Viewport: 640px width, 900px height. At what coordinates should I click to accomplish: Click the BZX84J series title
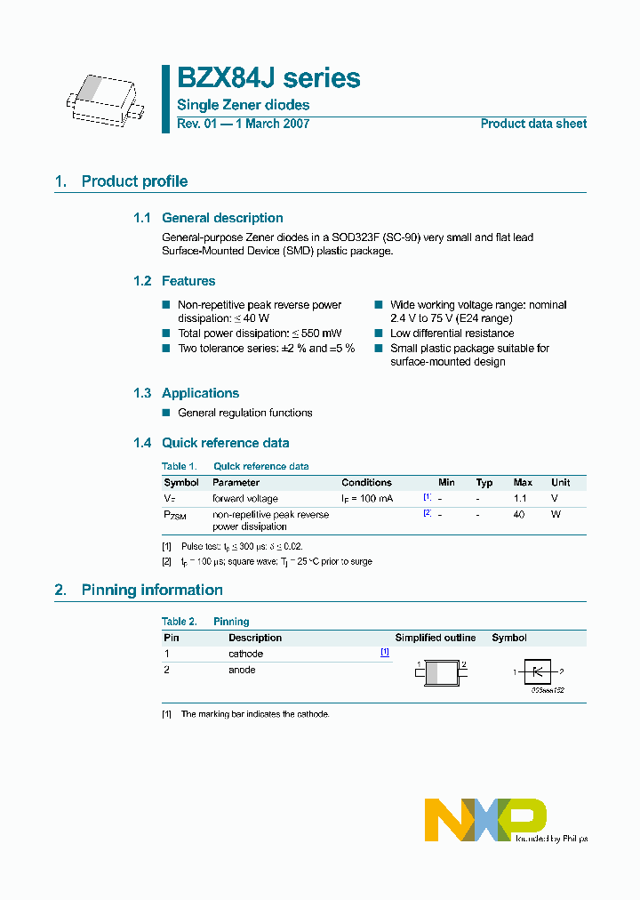coord(269,78)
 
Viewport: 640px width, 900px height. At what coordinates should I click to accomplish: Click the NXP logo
coord(485,819)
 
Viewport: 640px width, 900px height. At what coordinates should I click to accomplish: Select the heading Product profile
coord(134,181)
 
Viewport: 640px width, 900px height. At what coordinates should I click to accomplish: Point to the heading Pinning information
coord(152,590)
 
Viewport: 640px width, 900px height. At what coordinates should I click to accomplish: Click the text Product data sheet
coord(533,124)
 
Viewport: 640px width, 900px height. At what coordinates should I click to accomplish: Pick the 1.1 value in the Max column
coord(521,499)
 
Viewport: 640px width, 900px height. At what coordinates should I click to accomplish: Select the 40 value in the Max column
coord(519,514)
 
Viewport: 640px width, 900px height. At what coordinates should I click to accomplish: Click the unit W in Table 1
coord(556,514)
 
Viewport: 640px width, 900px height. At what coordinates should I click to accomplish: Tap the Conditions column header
coord(366,483)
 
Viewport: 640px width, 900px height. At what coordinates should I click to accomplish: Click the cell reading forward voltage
coord(244,499)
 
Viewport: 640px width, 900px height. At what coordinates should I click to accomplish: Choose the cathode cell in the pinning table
coord(245,654)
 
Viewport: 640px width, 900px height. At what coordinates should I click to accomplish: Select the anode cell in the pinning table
coord(242,670)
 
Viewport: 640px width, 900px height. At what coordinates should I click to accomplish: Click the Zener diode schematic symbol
coord(537,672)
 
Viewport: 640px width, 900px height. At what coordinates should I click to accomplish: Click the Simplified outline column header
coord(436,638)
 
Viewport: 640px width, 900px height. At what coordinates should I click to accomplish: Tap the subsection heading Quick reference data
coord(225,443)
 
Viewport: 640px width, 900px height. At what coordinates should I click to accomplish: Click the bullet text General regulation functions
coord(245,413)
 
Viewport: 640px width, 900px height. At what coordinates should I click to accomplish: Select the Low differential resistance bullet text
coord(452,333)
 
